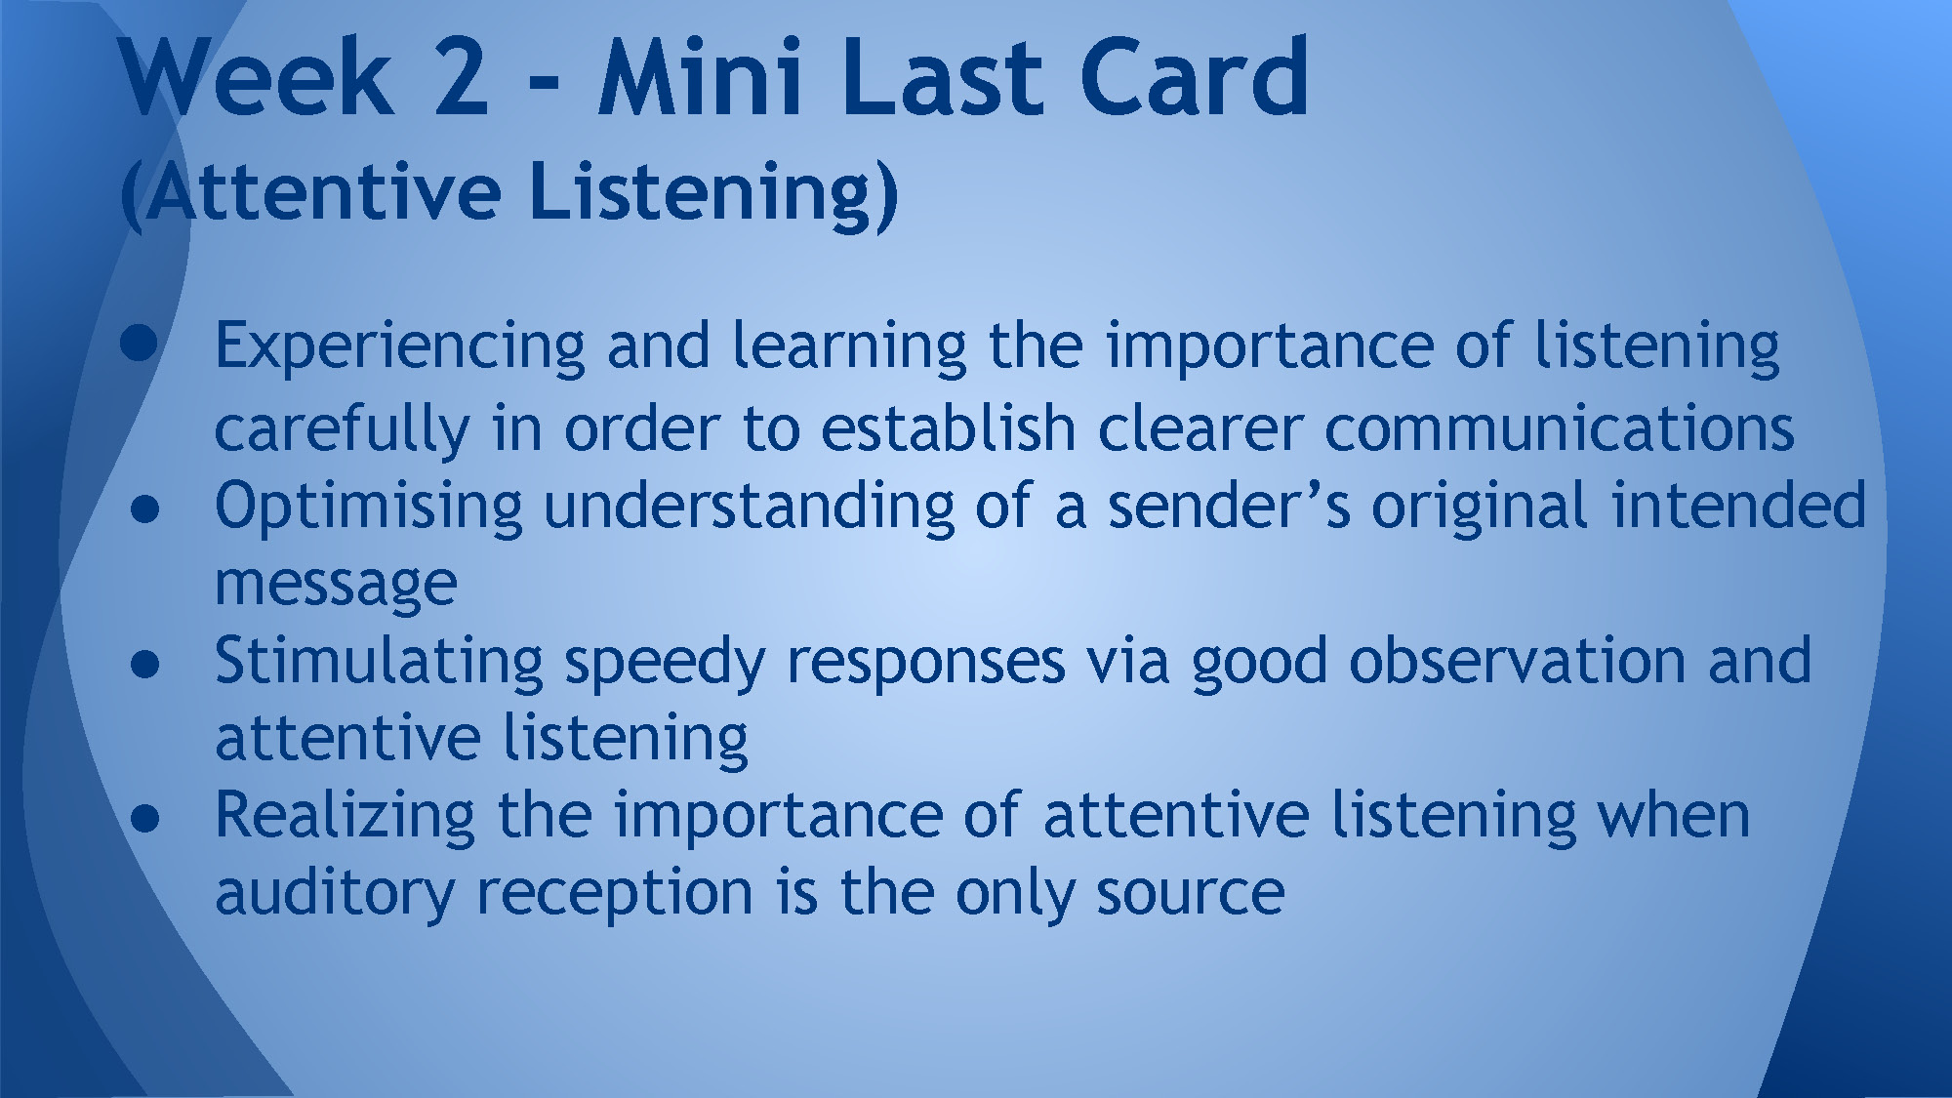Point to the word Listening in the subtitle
pos(712,193)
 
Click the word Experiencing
pos(400,348)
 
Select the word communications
pos(1559,428)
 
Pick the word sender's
pos(1229,506)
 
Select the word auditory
pos(334,895)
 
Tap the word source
pos(1190,895)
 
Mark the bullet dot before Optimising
pos(144,508)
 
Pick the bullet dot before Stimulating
pos(144,664)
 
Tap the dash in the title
pos(544,83)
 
